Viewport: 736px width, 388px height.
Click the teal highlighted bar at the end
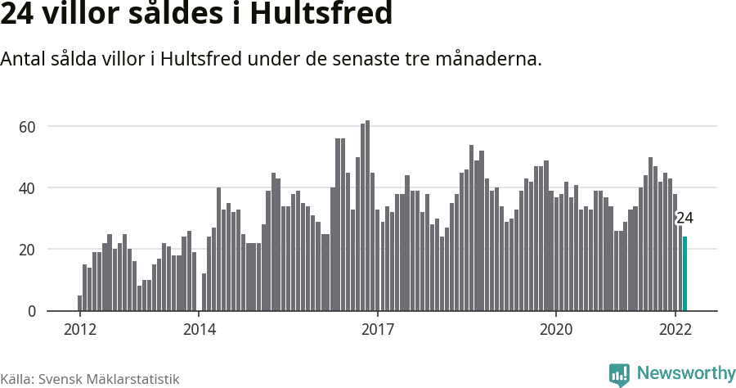[685, 273]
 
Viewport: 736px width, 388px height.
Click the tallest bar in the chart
[368, 216]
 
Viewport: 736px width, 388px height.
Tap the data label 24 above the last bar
[684, 219]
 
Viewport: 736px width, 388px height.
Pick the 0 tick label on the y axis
[33, 311]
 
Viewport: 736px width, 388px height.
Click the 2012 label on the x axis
[79, 330]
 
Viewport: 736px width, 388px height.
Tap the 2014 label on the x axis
[199, 330]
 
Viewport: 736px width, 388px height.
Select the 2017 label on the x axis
[378, 330]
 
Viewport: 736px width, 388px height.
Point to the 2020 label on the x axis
[556, 330]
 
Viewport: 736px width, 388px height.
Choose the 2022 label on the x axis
[675, 330]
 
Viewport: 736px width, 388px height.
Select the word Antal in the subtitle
[24, 60]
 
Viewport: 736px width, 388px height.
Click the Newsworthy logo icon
[619, 375]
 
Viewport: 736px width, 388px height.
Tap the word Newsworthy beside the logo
[685, 374]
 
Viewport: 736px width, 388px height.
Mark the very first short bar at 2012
[79, 303]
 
